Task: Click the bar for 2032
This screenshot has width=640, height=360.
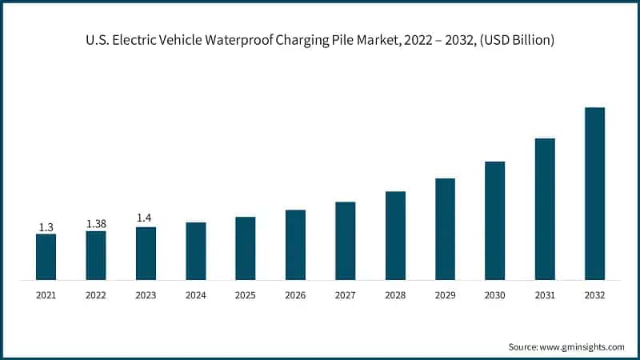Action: (594, 194)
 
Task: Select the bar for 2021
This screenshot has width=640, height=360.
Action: (46, 257)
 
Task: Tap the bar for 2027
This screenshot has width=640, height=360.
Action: (345, 241)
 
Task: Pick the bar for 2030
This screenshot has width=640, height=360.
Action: (494, 221)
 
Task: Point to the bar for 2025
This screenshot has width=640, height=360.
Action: (245, 248)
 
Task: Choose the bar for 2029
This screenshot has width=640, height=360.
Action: (445, 229)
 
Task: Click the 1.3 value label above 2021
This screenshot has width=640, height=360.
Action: (46, 227)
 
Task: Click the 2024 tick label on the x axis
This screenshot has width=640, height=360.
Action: (195, 295)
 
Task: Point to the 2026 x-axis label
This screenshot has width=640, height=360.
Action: (295, 295)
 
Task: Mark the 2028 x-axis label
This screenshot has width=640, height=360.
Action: (395, 295)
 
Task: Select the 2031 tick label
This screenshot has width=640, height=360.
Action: (545, 295)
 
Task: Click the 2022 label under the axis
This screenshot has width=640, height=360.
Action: (96, 295)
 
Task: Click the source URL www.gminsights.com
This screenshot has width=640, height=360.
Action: (583, 346)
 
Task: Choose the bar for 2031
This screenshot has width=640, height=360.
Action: (545, 209)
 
